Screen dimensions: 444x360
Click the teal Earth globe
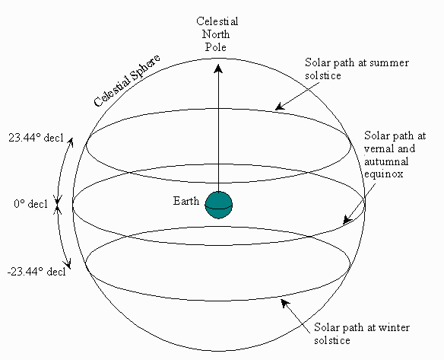click(x=219, y=205)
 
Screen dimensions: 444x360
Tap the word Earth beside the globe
click(x=186, y=201)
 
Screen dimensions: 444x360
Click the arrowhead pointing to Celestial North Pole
click(x=218, y=68)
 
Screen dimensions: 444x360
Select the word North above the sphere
click(x=216, y=34)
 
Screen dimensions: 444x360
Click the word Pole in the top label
click(x=216, y=47)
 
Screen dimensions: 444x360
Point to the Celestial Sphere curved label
click(x=126, y=81)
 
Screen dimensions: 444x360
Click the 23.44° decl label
click(x=36, y=138)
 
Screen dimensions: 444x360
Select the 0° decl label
click(x=31, y=204)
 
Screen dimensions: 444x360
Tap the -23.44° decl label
click(x=36, y=272)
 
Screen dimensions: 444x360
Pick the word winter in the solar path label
click(x=394, y=328)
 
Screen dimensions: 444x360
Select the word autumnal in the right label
click(x=386, y=161)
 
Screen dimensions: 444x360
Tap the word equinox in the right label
click(x=383, y=174)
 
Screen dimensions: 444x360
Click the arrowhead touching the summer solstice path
click(x=280, y=107)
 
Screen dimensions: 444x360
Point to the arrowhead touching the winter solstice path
click(x=285, y=304)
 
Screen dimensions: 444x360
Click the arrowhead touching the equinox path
click(x=347, y=220)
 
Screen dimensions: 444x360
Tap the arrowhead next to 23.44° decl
click(x=71, y=142)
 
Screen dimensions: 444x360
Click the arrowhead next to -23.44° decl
click(x=68, y=263)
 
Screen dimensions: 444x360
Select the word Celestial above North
click(x=217, y=21)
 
